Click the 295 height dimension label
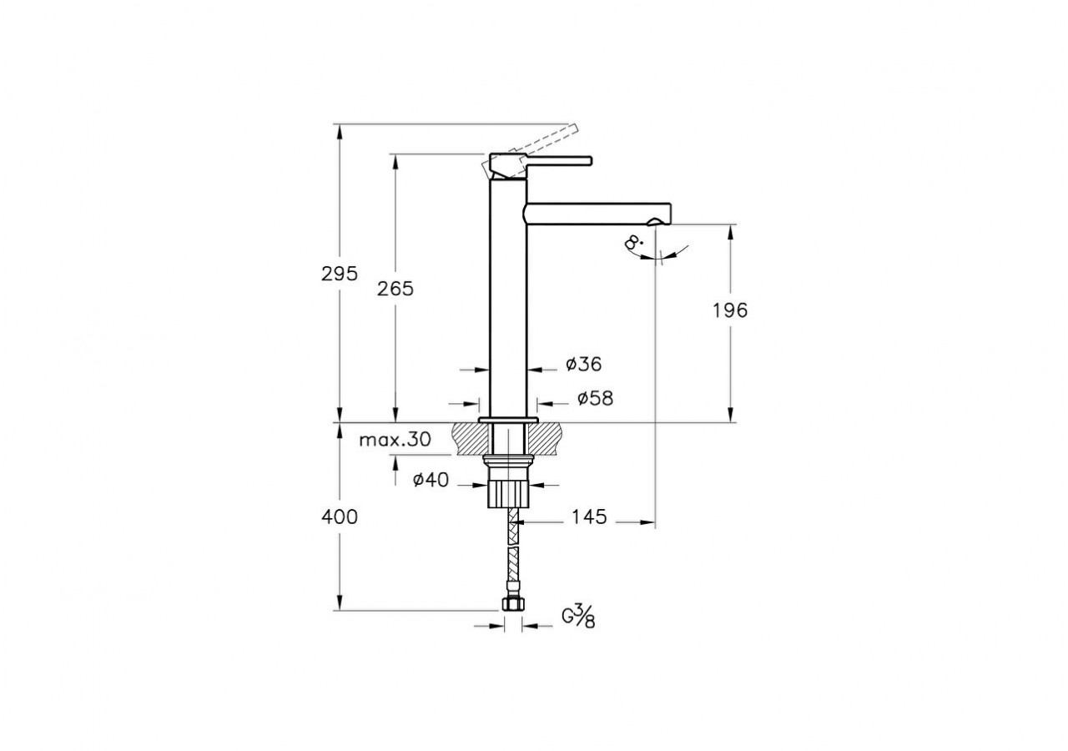tap(340, 273)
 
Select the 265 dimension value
tap(395, 289)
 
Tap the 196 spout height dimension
tap(730, 310)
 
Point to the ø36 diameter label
tap(583, 364)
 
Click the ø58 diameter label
tap(594, 399)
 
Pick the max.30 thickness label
tap(395, 441)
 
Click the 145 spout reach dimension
tap(589, 517)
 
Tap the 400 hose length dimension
tap(340, 517)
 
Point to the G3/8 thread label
tap(577, 617)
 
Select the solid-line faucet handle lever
tap(555, 159)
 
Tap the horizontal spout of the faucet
tap(597, 213)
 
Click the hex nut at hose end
tap(513, 605)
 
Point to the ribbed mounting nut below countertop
tap(507, 492)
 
